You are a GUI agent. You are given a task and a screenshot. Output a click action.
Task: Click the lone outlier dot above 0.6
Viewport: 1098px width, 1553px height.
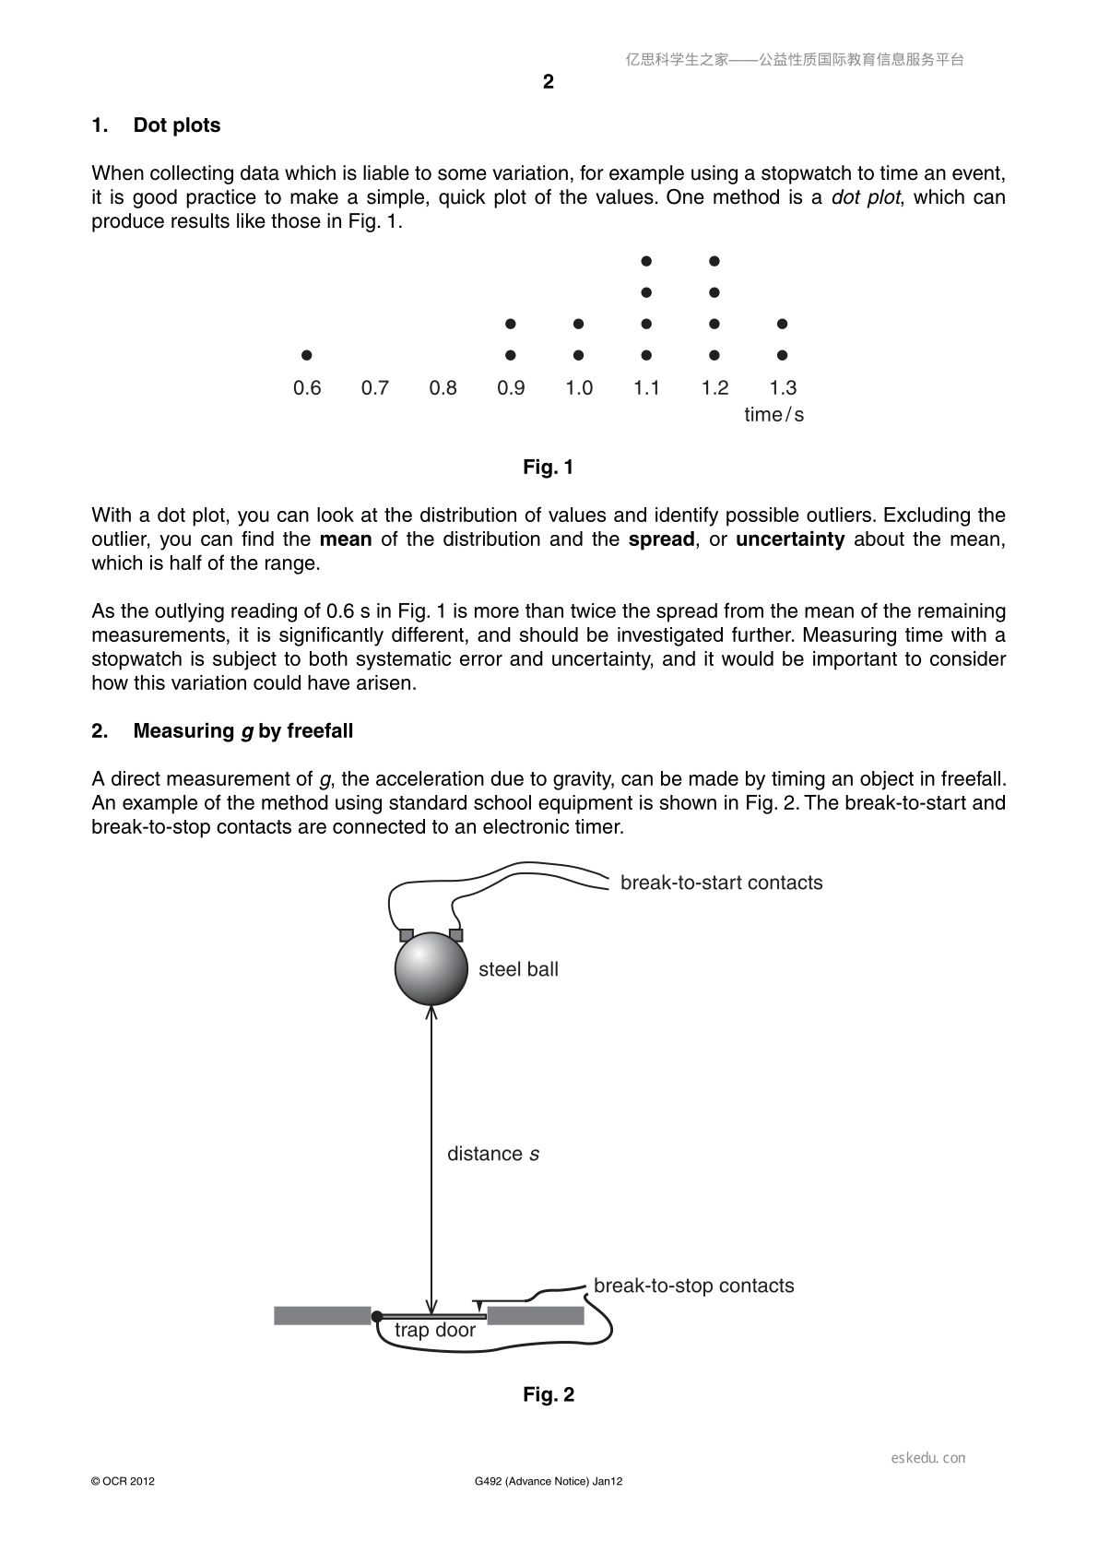pos(306,355)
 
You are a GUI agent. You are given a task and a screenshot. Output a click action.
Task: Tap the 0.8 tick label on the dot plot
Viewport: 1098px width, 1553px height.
pos(443,387)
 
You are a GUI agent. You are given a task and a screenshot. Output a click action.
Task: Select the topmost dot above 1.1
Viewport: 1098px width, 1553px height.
pos(646,261)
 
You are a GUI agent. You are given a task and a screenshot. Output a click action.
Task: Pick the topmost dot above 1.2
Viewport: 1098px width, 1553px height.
pos(714,261)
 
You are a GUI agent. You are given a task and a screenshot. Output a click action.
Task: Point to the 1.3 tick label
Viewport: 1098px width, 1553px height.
pos(783,387)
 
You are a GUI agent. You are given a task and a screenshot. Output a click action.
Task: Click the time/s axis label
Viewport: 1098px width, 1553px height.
pos(773,415)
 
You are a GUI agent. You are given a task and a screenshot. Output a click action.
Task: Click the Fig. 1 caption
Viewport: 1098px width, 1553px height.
pos(549,468)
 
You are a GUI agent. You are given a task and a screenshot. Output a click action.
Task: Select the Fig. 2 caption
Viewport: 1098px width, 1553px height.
pos(549,1394)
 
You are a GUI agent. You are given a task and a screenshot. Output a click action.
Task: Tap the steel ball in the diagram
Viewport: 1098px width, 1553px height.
pos(431,968)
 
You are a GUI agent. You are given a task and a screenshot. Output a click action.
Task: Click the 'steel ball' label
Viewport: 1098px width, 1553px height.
pos(518,969)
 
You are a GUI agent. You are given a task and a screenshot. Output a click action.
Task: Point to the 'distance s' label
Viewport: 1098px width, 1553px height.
pos(493,1154)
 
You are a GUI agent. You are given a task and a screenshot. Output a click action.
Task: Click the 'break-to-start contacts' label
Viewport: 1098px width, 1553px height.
pos(722,883)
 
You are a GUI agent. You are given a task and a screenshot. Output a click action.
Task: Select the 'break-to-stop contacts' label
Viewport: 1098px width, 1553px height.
pos(694,1286)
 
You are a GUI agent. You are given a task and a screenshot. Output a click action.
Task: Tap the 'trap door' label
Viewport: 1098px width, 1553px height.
pos(435,1330)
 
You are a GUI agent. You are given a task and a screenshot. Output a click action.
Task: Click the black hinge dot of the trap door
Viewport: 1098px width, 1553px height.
pos(377,1316)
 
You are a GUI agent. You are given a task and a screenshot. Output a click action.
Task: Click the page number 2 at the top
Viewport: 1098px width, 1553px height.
pos(549,82)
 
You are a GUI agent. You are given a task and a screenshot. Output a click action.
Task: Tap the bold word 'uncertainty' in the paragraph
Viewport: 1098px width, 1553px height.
pos(790,539)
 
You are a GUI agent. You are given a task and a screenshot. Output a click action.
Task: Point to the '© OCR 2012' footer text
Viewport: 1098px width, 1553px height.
pos(123,1481)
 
